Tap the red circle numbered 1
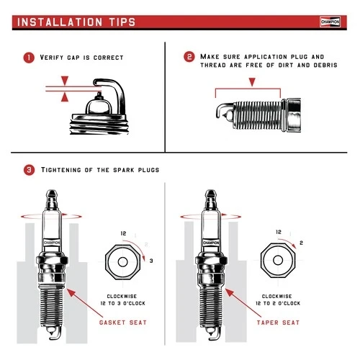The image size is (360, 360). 29,57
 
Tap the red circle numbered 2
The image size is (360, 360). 189,57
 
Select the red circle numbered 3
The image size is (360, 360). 29,171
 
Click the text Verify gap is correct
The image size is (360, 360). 82,58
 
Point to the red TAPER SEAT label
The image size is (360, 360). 278,322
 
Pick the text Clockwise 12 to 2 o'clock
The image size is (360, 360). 277,300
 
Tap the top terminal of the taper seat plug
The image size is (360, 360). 210,195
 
